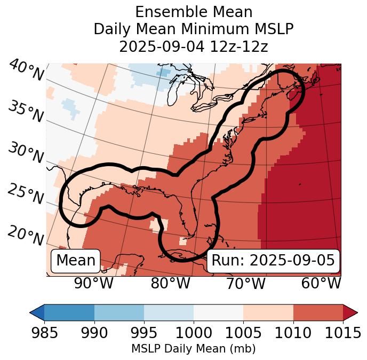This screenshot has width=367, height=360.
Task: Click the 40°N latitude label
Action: click(x=26, y=71)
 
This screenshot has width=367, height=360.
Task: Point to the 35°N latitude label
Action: click(x=26, y=112)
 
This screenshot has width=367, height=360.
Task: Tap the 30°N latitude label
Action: click(x=26, y=153)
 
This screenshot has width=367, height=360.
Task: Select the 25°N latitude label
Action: click(x=26, y=194)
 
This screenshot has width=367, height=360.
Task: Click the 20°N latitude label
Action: click(x=26, y=236)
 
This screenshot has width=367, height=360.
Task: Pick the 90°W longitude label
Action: click(x=93, y=283)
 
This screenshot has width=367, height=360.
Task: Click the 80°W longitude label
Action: click(x=170, y=283)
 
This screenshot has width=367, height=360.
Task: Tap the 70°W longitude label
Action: click(x=245, y=283)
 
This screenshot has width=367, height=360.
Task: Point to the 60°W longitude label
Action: click(x=321, y=283)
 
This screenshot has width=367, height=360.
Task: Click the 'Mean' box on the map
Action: click(x=76, y=261)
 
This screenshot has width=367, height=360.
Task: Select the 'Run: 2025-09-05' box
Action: click(x=273, y=261)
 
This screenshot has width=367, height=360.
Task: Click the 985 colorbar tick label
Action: click(x=44, y=333)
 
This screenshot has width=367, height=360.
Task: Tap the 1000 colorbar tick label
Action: click(x=194, y=333)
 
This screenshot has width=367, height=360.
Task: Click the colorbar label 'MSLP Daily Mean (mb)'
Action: click(x=194, y=349)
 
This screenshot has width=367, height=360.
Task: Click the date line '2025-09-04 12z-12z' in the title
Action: click(x=194, y=46)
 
